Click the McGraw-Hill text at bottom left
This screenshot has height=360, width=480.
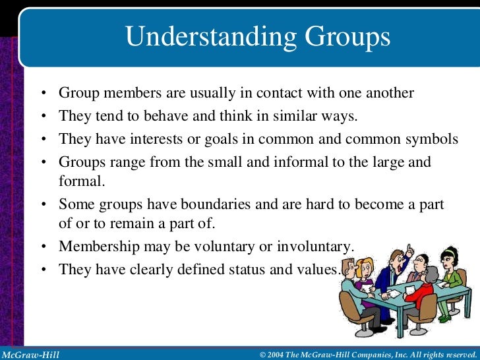click(x=30, y=355)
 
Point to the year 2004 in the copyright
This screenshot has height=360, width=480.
click(x=278, y=355)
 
